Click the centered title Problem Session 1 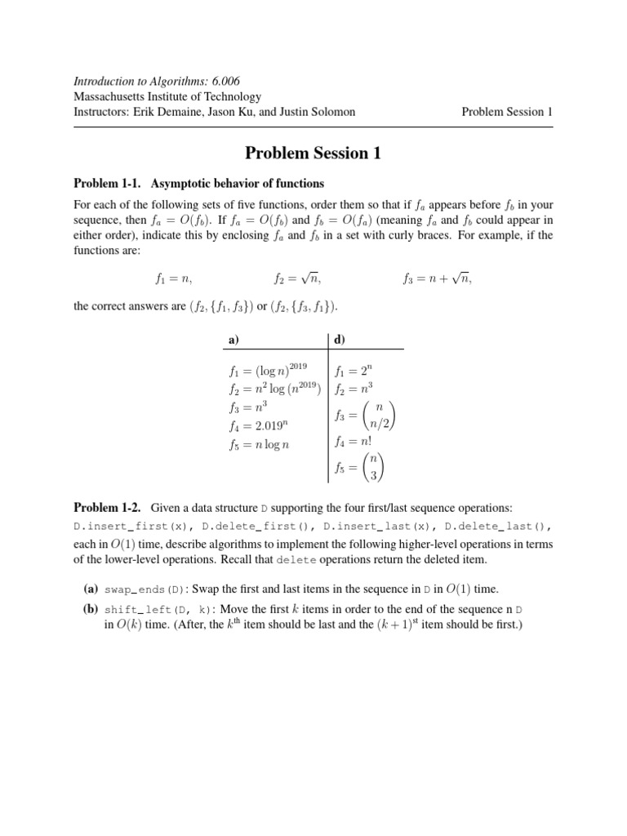coord(313,153)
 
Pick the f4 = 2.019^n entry coord(254,425)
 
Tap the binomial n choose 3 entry coord(359,469)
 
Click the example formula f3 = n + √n coord(437,278)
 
